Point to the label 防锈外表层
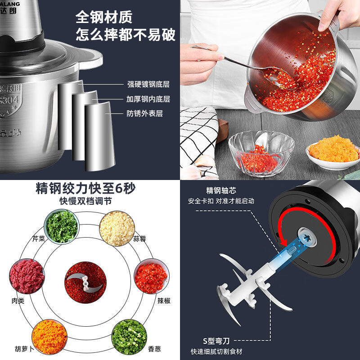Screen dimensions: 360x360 [x=145, y=113]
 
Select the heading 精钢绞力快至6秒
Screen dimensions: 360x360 [x=85, y=188]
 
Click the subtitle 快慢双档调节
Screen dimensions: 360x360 [x=85, y=201]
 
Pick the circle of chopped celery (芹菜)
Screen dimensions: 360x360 [x=62, y=227]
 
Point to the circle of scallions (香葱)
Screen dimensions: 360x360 [x=129, y=335]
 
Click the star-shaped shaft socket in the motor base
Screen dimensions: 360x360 [x=307, y=238]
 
